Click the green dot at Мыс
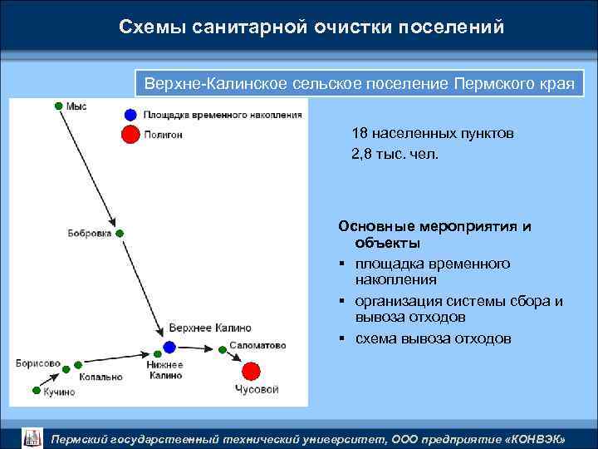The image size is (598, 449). click(x=58, y=106)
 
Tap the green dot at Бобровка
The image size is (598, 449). click(x=120, y=234)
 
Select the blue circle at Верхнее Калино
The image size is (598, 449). click(x=169, y=347)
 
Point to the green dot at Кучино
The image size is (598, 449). click(x=36, y=389)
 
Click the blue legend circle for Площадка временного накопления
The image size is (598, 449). click(x=130, y=115)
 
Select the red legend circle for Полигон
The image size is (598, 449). click(x=130, y=134)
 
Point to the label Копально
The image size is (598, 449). click(x=100, y=377)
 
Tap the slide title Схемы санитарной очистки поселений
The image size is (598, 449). click(x=311, y=27)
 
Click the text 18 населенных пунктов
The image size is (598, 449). click(x=432, y=134)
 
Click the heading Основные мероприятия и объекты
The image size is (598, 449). click(x=434, y=234)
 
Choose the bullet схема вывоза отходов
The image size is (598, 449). click(x=434, y=338)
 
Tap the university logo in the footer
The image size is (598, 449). click(x=32, y=437)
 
